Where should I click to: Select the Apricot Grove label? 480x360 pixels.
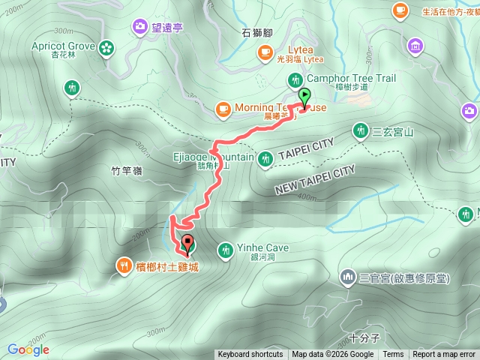[x=63, y=46]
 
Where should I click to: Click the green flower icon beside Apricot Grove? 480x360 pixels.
[x=106, y=48]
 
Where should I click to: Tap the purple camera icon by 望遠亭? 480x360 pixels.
[x=140, y=27]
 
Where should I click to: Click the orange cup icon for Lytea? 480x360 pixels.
[x=264, y=51]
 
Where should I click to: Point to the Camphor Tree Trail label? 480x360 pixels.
[x=351, y=78]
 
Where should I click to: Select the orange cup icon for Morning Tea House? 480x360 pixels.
[x=222, y=109]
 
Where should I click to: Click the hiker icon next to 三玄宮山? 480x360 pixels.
[x=360, y=132]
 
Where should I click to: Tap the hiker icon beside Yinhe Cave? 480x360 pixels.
[x=225, y=249]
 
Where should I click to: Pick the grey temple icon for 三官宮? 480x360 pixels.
[x=347, y=277]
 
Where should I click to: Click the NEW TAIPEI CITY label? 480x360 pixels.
[x=313, y=179]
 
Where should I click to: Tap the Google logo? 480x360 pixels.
[x=28, y=349]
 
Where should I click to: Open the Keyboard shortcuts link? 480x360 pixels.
[x=250, y=355]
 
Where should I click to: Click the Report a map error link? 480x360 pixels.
[x=445, y=355]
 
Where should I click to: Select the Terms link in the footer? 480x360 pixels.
[x=393, y=355]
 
